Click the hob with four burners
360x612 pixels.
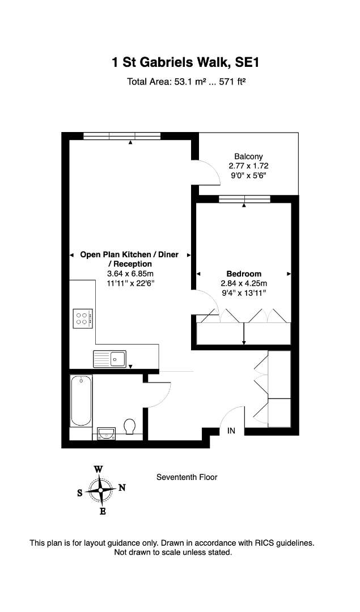click(83, 318)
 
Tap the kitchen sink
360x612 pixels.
click(110, 359)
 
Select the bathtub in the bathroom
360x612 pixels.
click(81, 401)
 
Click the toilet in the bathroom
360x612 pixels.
click(130, 426)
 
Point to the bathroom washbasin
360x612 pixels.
click(106, 433)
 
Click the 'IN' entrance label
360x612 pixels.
click(231, 431)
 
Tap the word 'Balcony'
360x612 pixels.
click(248, 156)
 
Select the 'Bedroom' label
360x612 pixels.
click(244, 274)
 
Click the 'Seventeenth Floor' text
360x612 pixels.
click(187, 477)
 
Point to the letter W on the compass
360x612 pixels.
click(99, 469)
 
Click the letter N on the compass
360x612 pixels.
click(122, 487)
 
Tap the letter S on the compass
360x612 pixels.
click(79, 493)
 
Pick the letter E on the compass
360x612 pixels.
click(103, 511)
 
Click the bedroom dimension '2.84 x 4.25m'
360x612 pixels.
click(244, 283)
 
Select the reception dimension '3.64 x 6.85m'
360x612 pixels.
click(130, 274)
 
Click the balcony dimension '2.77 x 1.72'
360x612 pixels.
click(249, 166)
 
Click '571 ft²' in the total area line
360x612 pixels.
click(232, 82)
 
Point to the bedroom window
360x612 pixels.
click(244, 199)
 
